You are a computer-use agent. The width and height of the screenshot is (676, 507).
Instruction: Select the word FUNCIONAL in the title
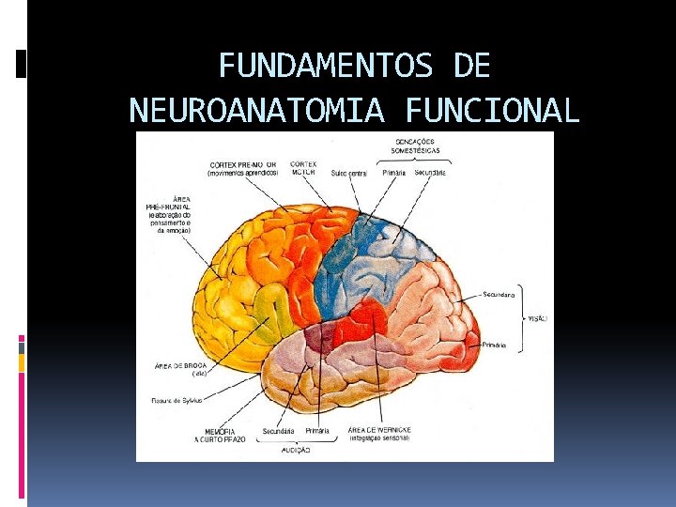pyautogui.click(x=493, y=111)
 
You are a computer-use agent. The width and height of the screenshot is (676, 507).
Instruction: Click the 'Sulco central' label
pyautogui.click(x=349, y=173)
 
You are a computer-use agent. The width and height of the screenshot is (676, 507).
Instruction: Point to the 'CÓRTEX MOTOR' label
pyautogui.click(x=302, y=168)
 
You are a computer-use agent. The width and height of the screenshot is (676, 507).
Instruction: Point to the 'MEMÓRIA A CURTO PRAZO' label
pyautogui.click(x=219, y=434)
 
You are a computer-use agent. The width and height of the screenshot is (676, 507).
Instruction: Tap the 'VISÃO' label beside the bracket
pyautogui.click(x=537, y=318)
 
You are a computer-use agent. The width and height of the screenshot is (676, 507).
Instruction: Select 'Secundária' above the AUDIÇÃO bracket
pyautogui.click(x=279, y=430)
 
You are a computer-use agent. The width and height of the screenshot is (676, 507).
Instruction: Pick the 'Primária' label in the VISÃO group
pyautogui.click(x=495, y=346)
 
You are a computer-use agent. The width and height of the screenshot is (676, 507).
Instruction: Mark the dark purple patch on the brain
pyautogui.click(x=320, y=336)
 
